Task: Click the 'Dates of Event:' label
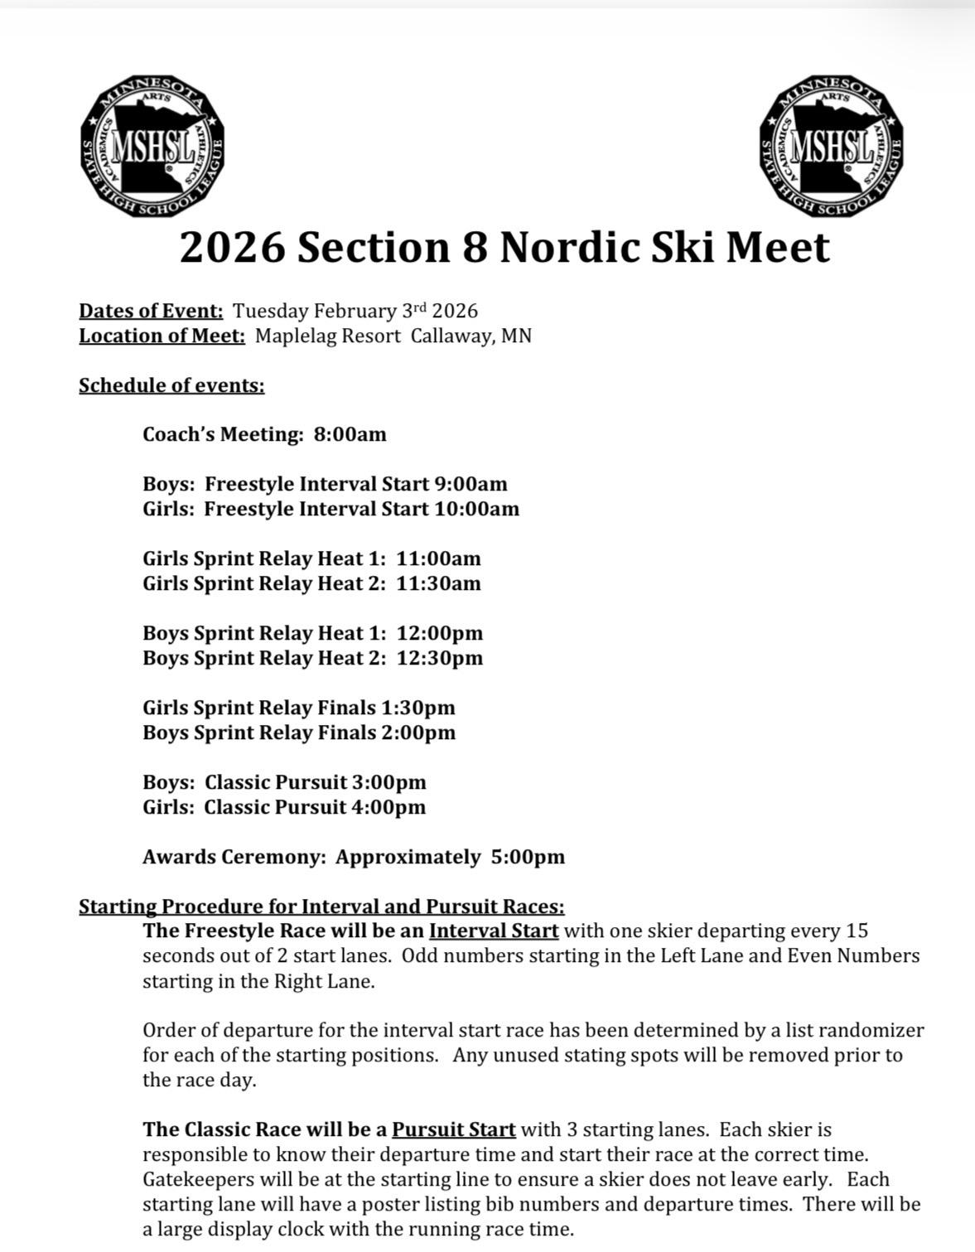pyautogui.click(x=151, y=311)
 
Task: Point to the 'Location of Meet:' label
pyautogui.click(x=162, y=336)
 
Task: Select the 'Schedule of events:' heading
pyautogui.click(x=171, y=385)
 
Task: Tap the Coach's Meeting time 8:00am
pyautogui.click(x=350, y=434)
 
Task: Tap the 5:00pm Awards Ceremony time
pyautogui.click(x=528, y=857)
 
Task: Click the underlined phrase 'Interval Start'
pyautogui.click(x=494, y=931)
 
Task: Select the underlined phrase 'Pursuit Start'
pyautogui.click(x=454, y=1129)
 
